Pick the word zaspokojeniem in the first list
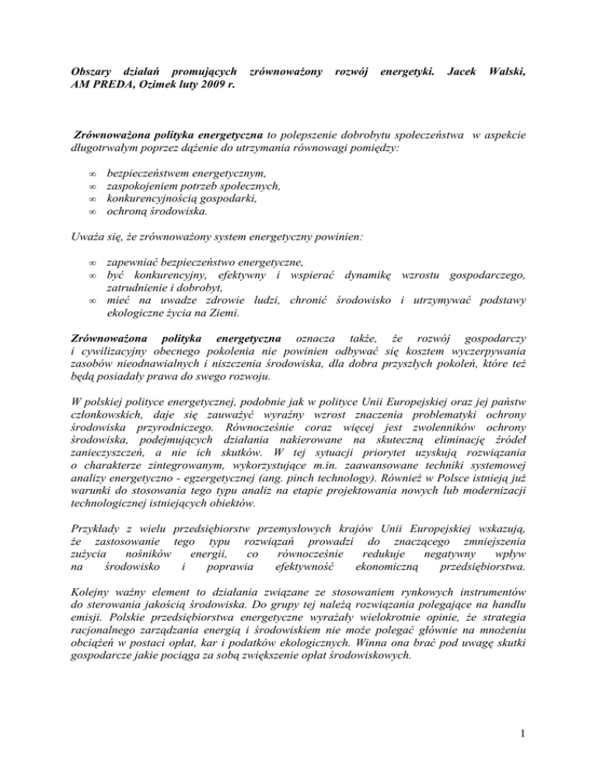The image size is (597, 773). (x=141, y=185)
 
